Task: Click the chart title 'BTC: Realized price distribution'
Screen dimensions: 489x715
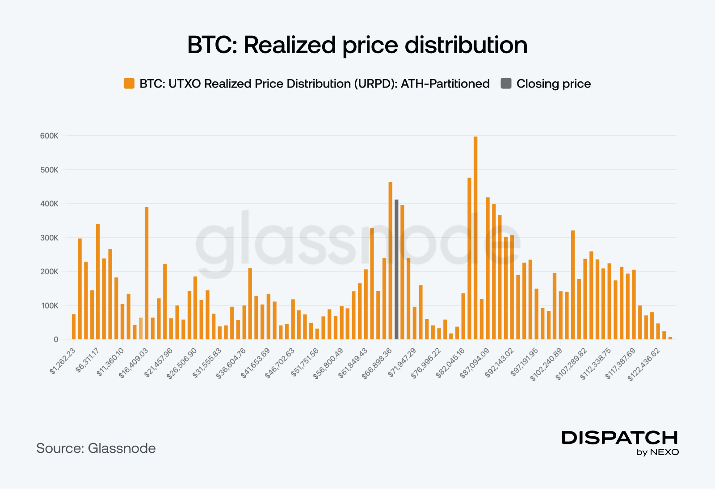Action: (x=357, y=45)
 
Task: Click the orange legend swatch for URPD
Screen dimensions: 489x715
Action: (x=129, y=84)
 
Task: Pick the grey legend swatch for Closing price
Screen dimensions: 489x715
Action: (x=506, y=84)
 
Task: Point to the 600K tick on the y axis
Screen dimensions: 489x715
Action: (x=49, y=136)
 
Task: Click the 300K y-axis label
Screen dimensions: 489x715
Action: (x=49, y=238)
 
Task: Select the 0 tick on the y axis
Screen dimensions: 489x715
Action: (x=56, y=339)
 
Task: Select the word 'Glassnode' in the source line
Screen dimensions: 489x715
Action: (x=122, y=448)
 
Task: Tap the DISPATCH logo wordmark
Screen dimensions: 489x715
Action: (x=620, y=438)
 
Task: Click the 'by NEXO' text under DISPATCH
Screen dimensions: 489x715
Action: (x=657, y=452)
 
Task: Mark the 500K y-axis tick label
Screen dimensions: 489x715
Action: (x=49, y=170)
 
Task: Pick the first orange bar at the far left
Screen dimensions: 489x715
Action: (x=74, y=327)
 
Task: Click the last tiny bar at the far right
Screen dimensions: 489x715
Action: (x=670, y=338)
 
